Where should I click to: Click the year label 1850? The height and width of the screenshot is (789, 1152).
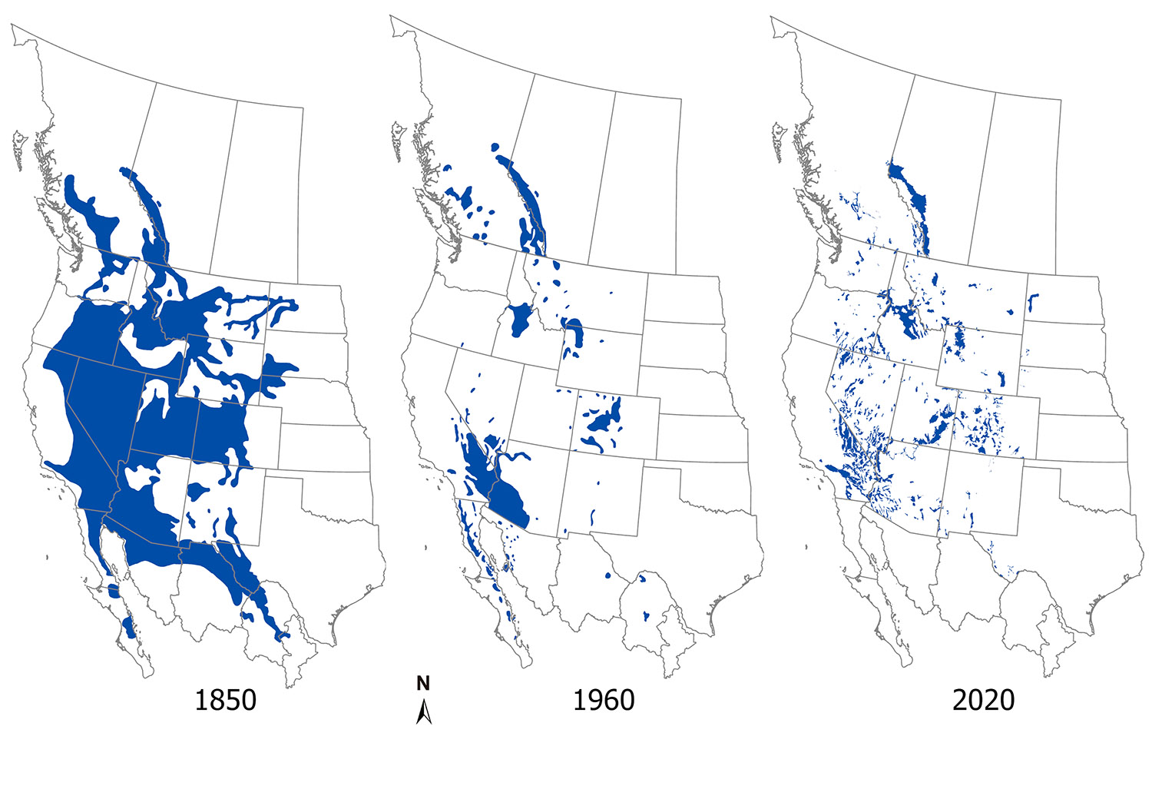click(x=225, y=700)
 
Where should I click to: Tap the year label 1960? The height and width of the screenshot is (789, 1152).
click(x=604, y=700)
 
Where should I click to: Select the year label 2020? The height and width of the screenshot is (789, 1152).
click(x=983, y=700)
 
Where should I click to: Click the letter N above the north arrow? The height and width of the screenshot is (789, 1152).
click(x=423, y=683)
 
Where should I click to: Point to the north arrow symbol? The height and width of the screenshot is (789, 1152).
click(x=423, y=714)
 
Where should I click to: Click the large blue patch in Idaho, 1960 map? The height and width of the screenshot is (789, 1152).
click(x=520, y=318)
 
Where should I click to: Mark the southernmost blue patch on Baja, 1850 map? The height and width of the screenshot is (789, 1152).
click(x=128, y=627)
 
